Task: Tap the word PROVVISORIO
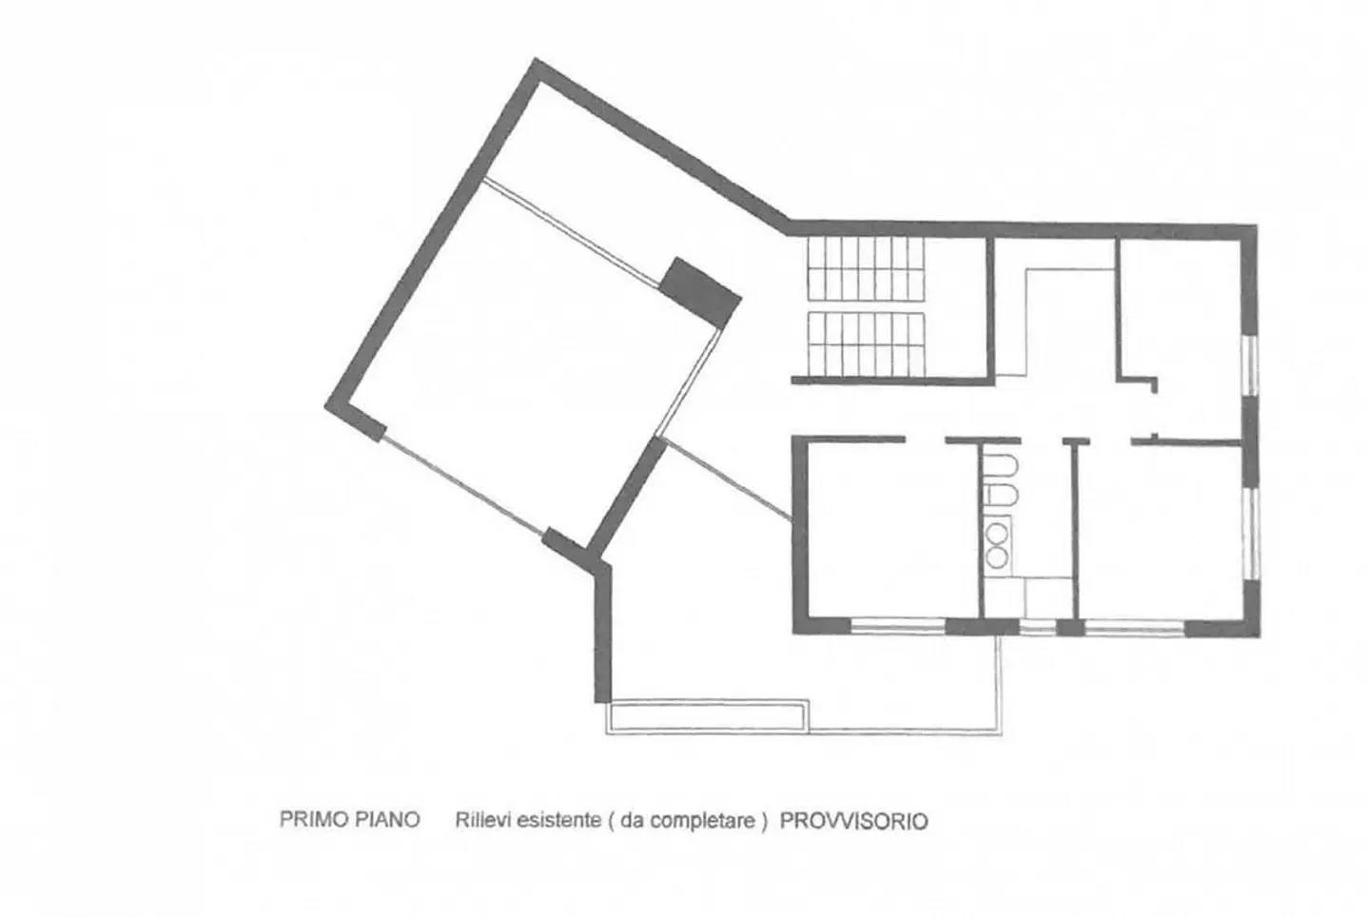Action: tap(853, 821)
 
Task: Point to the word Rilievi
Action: tap(482, 820)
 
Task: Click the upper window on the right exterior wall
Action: tap(1252, 365)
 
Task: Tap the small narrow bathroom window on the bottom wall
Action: tap(1038, 627)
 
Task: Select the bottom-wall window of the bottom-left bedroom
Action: tap(897, 626)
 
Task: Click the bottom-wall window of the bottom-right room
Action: tap(1134, 627)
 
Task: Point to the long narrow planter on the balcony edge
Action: tap(708, 715)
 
